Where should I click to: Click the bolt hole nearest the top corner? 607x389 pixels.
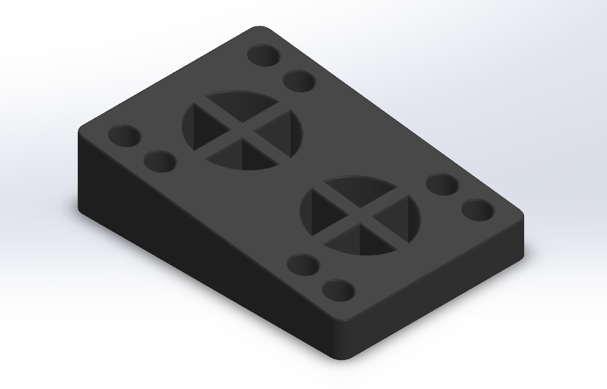263,55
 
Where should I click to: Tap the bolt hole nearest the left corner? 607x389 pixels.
124,136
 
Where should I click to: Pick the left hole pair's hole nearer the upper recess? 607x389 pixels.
160,161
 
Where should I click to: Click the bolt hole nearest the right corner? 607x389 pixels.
478,210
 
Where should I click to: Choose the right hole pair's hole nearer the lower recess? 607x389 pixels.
442,184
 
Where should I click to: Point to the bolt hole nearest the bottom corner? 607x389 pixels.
339,291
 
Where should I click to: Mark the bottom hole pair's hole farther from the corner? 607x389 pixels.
303,265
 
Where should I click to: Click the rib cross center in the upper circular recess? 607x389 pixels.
242,130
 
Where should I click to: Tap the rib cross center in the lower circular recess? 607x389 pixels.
360,215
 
